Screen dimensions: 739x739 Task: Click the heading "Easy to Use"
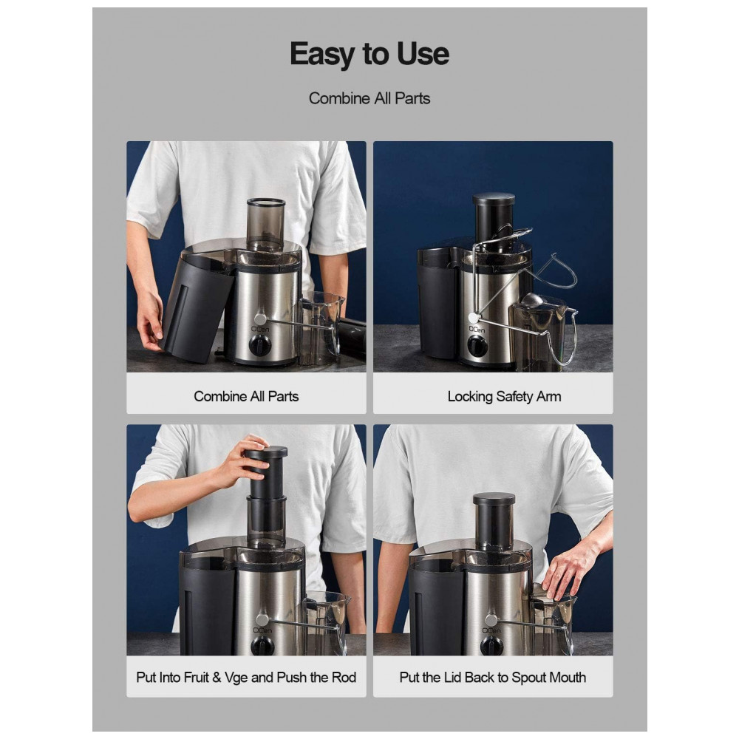369,54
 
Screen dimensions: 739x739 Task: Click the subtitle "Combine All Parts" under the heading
369,98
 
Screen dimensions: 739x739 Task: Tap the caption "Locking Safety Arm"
504,396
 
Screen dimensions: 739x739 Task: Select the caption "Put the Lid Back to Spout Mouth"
492,677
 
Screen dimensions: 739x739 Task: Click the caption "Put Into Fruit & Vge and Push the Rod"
246,677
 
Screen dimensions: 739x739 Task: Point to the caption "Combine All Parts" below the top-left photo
246,396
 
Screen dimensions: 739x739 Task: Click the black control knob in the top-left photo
259,346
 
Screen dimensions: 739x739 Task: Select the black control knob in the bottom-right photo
491,645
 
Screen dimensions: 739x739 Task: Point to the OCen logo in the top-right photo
477,330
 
